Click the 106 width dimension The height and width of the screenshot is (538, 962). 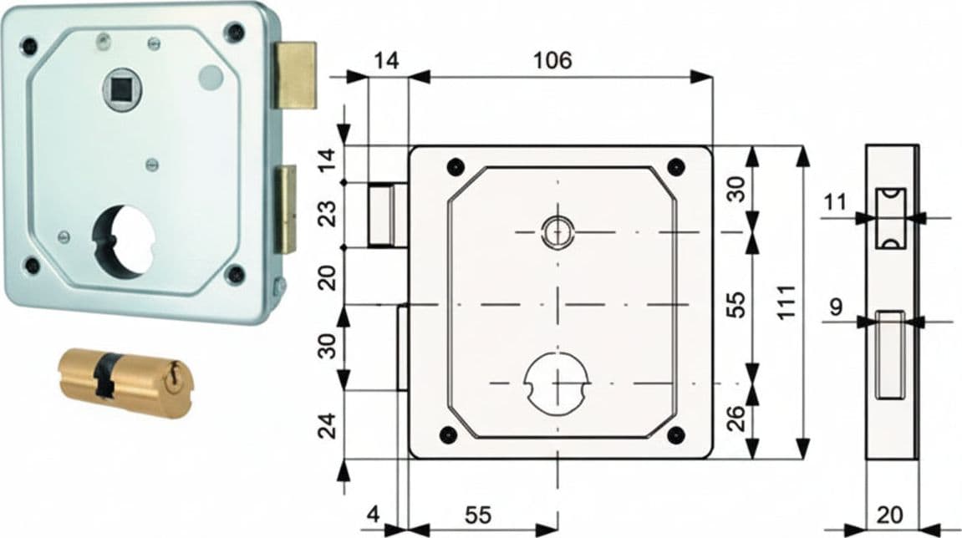(x=552, y=60)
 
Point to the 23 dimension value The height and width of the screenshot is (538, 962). (x=329, y=214)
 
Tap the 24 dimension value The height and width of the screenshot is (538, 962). (x=329, y=425)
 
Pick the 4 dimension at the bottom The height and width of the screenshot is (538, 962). (x=374, y=514)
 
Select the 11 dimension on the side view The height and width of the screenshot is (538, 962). (x=835, y=201)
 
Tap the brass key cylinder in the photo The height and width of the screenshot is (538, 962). (x=125, y=383)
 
